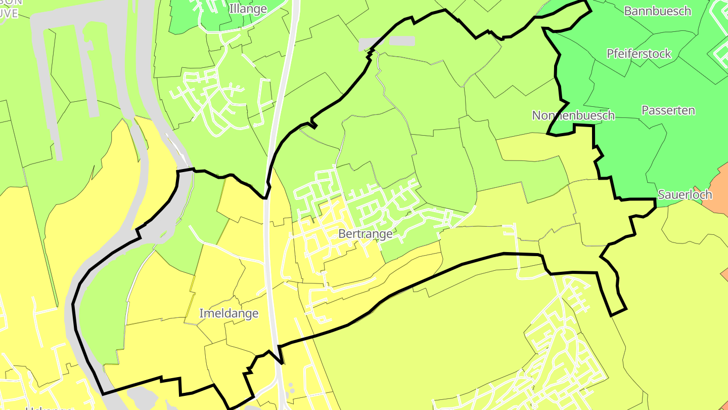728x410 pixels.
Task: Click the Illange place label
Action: coord(248,9)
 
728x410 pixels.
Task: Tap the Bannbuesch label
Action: coord(657,11)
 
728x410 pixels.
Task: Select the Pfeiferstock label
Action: coord(639,53)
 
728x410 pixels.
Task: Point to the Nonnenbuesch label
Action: coord(573,115)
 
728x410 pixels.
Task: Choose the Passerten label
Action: coord(668,110)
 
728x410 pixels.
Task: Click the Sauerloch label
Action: coord(685,194)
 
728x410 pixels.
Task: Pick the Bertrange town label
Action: coord(365,234)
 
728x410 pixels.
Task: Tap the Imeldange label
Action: coord(229,313)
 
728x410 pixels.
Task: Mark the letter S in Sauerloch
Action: coord(661,194)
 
